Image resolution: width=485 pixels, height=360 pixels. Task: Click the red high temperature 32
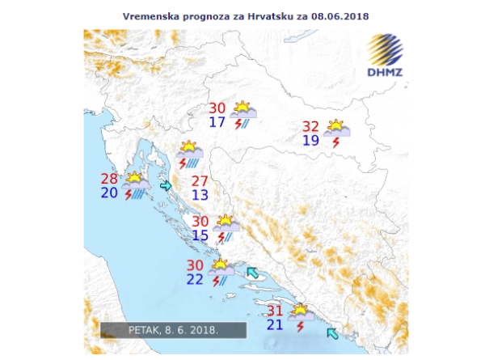310,126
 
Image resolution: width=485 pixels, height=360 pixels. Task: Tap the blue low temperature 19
310,141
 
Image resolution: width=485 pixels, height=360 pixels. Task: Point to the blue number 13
200,195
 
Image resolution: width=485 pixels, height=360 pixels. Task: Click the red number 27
200,180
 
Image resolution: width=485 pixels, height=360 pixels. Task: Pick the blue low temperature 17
217,123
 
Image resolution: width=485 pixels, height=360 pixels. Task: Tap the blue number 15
200,235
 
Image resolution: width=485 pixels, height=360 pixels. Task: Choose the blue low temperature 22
195,279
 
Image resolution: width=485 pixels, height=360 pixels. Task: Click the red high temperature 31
275,311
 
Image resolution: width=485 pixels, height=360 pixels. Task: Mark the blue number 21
275,325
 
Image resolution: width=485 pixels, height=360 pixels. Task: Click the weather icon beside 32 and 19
336,133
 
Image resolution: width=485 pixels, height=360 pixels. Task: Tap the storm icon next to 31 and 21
301,316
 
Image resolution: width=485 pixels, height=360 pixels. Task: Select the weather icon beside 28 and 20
136,185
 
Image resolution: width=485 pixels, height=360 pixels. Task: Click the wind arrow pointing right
167,186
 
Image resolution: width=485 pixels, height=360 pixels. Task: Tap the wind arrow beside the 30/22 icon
253,273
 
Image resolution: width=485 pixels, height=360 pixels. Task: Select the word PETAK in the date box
145,330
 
